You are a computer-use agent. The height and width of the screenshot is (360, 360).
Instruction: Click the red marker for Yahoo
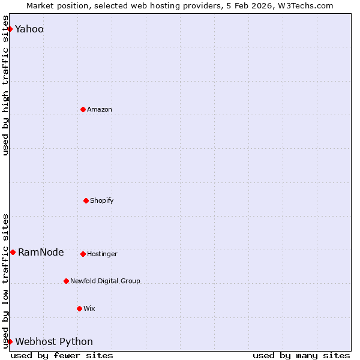[x=10, y=29]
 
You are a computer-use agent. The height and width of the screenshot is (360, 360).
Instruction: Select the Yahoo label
[x=29, y=29]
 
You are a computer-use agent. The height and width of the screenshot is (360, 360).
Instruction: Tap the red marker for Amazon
[x=83, y=109]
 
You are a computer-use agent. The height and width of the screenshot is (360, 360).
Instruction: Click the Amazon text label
[x=100, y=109]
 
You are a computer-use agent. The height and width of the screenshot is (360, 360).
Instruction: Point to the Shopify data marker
[x=86, y=200]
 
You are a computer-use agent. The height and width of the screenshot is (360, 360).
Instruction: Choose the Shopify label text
[x=102, y=200]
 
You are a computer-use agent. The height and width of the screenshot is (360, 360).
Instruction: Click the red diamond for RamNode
[x=13, y=252]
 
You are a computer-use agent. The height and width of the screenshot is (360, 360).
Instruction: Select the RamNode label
[x=41, y=252]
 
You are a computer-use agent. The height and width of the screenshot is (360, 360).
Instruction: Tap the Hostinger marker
[x=83, y=254]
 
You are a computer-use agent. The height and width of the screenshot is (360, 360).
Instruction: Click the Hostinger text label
[x=102, y=254]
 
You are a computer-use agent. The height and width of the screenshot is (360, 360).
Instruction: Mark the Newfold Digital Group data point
[x=66, y=281]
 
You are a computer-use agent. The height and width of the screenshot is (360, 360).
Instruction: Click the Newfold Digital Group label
[x=105, y=281]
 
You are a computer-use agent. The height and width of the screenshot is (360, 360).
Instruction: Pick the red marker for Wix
[x=79, y=308]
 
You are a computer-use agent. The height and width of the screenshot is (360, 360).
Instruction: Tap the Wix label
[x=89, y=308]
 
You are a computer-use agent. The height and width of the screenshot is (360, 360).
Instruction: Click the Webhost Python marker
[x=10, y=341]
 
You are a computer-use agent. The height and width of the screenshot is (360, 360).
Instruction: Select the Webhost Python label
[x=54, y=341]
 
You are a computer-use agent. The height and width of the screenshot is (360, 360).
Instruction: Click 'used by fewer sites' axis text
[x=62, y=355]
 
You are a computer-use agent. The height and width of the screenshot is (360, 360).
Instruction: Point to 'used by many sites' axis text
[x=301, y=355]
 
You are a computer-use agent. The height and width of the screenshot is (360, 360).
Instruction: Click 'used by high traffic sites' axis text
[x=5, y=90]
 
